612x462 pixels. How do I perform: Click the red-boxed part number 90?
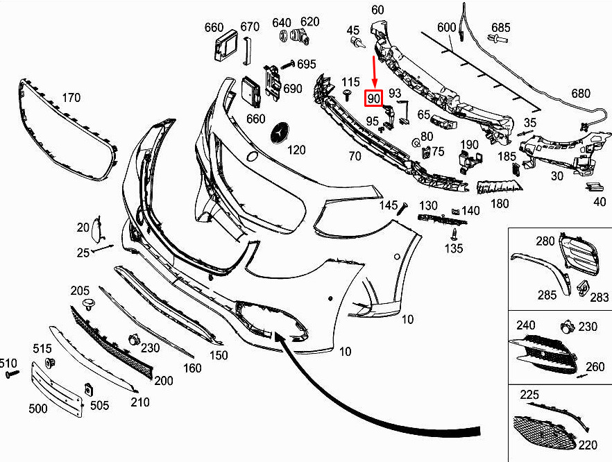[373, 98]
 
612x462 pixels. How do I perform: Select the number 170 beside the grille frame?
[71, 98]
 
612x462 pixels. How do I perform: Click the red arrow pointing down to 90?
[374, 73]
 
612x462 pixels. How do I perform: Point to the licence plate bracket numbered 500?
[57, 389]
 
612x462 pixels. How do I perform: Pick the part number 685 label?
[500, 27]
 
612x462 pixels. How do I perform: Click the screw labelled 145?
[402, 209]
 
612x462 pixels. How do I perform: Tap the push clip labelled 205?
[90, 305]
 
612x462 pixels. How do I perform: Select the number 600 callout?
[447, 27]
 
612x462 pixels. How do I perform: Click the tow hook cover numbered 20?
[96, 229]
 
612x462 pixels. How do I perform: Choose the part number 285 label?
[547, 295]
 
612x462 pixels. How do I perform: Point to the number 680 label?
[581, 94]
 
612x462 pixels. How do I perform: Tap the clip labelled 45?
[357, 42]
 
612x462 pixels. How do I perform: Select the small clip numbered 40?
[594, 187]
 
